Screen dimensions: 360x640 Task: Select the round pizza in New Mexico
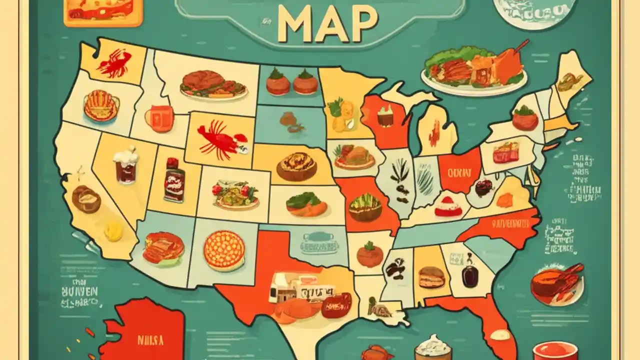(224, 250)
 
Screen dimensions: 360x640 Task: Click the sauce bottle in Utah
(173, 180)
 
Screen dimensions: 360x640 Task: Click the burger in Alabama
(431, 277)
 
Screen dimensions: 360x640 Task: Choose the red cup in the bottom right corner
(555, 350)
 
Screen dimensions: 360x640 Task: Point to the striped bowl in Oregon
(101, 105)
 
